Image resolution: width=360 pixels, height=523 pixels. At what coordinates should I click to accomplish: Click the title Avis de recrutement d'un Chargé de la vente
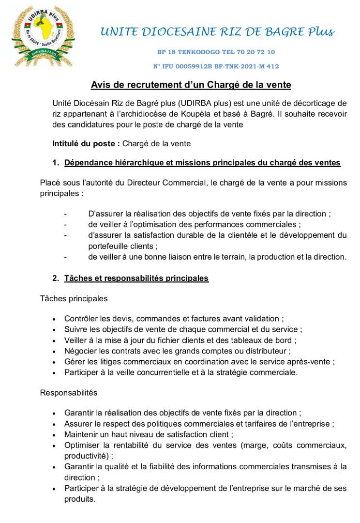[x=191, y=85]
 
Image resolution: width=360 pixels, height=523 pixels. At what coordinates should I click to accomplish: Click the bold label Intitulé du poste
[x=86, y=144]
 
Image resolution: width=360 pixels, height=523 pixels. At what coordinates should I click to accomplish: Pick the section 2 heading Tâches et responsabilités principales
[x=136, y=278]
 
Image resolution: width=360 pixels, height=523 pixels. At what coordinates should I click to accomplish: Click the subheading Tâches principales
[x=74, y=299]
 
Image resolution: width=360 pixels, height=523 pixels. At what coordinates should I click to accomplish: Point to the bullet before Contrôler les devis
[x=53, y=319]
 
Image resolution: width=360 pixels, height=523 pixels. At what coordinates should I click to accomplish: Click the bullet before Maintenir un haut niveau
[x=53, y=434]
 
